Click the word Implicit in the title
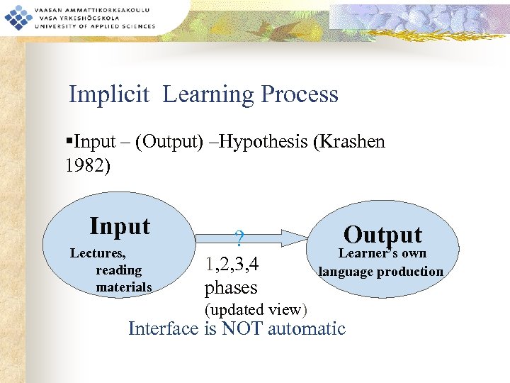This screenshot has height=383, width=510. point(109,94)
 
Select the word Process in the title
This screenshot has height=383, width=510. point(299,94)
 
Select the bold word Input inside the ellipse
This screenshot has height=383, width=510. point(120,226)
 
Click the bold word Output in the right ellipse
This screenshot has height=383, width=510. point(382,234)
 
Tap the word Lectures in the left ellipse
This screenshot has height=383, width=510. point(98,253)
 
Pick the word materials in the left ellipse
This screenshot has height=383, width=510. point(123,287)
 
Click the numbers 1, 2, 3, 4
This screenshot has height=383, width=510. point(232,265)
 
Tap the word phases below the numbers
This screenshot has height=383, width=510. point(231,288)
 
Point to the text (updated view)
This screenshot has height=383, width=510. point(255,309)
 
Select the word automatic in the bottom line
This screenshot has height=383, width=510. point(311,328)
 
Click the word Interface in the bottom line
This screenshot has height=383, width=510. point(164,328)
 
